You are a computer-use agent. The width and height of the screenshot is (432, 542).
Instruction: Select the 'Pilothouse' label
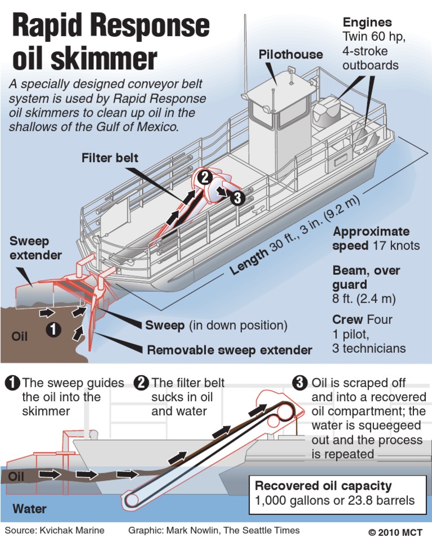pyautogui.click(x=291, y=54)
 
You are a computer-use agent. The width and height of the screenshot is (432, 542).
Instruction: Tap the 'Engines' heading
pyautogui.click(x=367, y=23)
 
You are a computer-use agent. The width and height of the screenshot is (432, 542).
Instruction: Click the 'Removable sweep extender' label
pyautogui.click(x=229, y=350)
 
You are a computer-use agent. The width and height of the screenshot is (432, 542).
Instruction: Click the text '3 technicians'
pyautogui.click(x=368, y=348)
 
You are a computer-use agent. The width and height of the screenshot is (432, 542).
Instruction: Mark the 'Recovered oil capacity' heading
pyautogui.click(x=323, y=486)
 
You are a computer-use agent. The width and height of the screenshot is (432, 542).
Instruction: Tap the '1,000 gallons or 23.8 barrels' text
pyautogui.click(x=335, y=500)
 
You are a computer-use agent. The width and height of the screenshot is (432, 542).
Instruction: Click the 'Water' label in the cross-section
pyautogui.click(x=29, y=509)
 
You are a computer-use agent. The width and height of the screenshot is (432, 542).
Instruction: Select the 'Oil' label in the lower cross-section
pyautogui.click(x=17, y=477)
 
